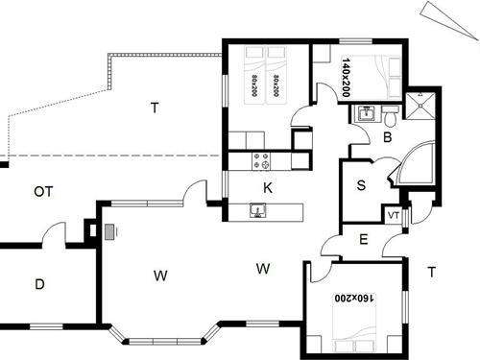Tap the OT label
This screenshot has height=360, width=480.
click(x=43, y=192)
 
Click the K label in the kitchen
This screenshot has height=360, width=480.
click(x=268, y=188)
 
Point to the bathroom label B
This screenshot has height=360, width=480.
click(x=386, y=138)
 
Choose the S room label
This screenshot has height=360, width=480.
click(x=361, y=185)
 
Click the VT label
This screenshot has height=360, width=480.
click(x=393, y=216)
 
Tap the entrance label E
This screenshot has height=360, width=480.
click(x=363, y=239)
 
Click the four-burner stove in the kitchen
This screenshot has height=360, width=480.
click(x=259, y=159)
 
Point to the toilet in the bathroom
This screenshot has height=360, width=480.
click(x=391, y=118)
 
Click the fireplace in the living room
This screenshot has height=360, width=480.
click(x=109, y=230)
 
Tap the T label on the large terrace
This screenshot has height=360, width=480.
click(x=154, y=107)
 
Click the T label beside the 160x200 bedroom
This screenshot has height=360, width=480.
click(x=432, y=272)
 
